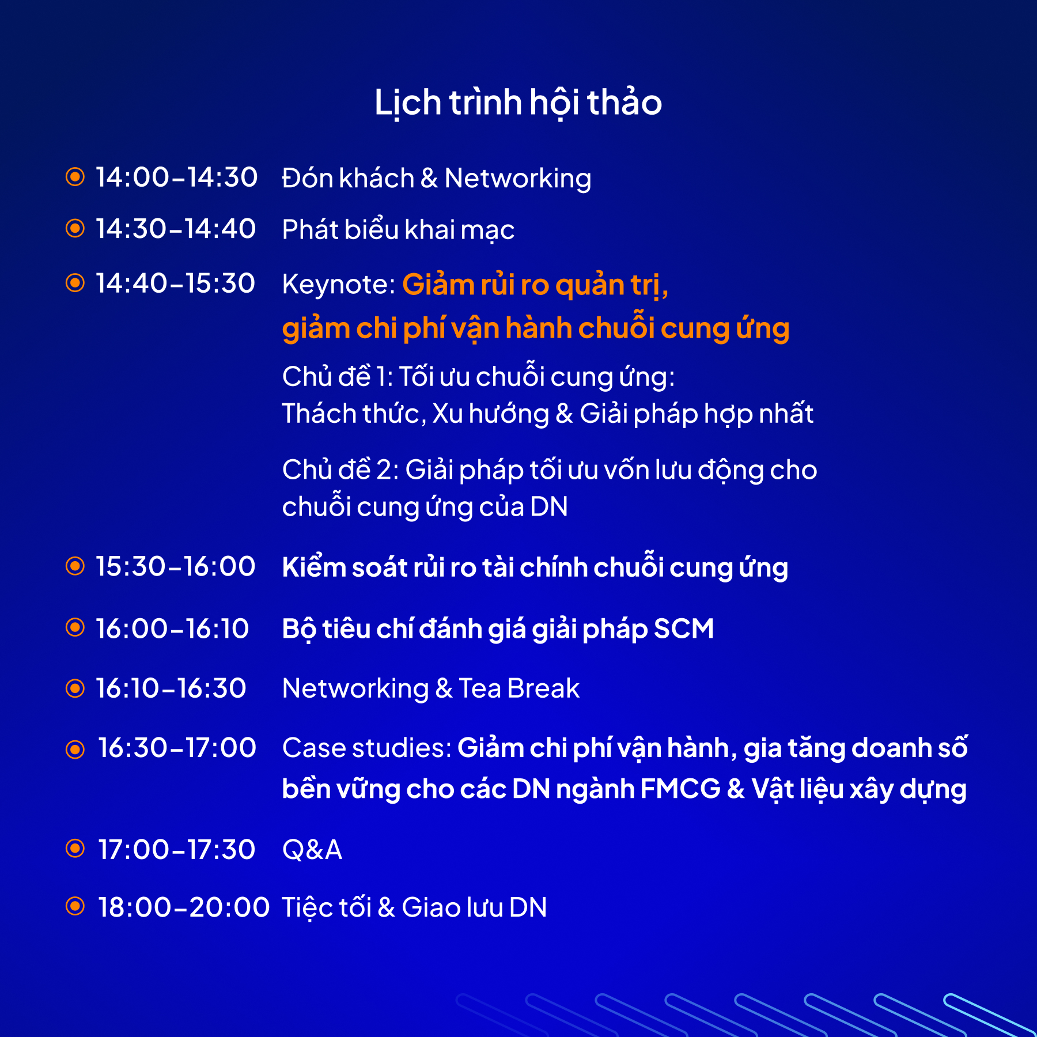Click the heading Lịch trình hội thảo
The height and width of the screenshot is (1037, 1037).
[x=518, y=103]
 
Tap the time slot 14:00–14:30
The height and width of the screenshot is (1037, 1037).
[x=176, y=177]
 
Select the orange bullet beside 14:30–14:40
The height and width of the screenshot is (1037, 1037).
[x=75, y=228]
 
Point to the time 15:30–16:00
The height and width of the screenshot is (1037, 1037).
[x=175, y=566]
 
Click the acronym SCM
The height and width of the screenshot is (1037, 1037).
[x=684, y=629]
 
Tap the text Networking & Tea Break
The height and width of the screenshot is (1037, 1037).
[x=431, y=688]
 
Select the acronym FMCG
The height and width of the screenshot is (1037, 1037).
[x=680, y=789]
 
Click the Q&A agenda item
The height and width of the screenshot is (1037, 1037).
[x=312, y=850]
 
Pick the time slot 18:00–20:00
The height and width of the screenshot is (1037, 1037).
[x=184, y=907]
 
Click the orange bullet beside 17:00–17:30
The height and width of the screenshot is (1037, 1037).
[x=75, y=848]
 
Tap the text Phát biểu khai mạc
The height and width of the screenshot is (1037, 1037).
[x=398, y=230]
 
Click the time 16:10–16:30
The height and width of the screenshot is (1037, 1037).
[x=171, y=688]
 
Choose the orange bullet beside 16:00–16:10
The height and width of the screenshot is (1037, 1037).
[x=75, y=627]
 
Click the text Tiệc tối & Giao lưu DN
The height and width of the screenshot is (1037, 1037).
[x=414, y=907]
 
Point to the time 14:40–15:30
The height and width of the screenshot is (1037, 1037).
[x=175, y=283]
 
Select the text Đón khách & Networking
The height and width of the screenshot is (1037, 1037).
[x=437, y=179]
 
